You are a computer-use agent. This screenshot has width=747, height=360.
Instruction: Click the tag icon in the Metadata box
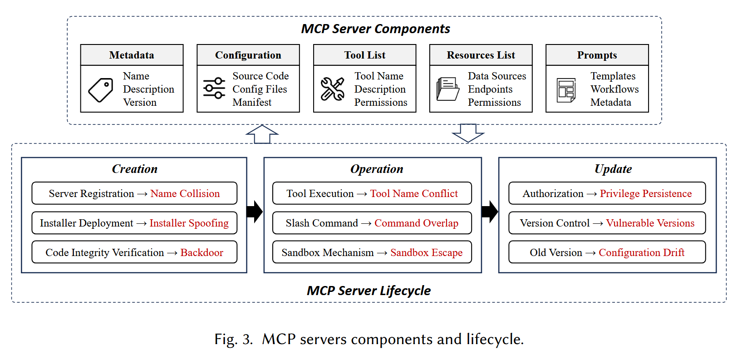pos(101,89)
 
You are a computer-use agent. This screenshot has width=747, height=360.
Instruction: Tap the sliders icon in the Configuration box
pos(214,89)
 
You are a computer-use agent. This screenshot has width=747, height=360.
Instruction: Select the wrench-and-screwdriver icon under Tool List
pos(332,89)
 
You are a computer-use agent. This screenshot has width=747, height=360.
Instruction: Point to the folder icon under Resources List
pos(447,89)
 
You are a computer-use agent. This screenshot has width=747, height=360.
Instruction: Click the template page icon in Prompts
pos(566,90)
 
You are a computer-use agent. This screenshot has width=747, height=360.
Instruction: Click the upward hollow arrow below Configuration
pos(262,134)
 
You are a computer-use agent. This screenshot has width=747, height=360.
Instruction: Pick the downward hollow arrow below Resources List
pos(468,133)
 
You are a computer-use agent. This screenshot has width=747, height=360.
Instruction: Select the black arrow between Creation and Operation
pos(255,212)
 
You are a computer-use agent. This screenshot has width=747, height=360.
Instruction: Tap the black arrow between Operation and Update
pos(490,212)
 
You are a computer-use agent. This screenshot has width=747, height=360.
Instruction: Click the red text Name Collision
pos(185,194)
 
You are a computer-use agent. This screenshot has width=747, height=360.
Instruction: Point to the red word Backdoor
pos(201,253)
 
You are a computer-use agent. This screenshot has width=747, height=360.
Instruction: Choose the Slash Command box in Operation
pos(372,223)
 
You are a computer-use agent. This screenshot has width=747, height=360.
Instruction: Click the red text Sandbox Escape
pos(426,253)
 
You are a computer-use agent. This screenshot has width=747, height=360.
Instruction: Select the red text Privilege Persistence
pos(645,194)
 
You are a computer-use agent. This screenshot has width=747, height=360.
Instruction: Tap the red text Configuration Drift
pos(641,253)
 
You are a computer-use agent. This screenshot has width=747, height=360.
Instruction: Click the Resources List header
pos(481,55)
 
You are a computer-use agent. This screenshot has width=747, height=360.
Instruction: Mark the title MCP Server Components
pos(375,29)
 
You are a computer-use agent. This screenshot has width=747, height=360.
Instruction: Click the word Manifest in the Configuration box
pos(252,103)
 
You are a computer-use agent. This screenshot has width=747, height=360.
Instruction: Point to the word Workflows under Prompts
pos(614,89)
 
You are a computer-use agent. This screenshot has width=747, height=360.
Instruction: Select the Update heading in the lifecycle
pos(613,169)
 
